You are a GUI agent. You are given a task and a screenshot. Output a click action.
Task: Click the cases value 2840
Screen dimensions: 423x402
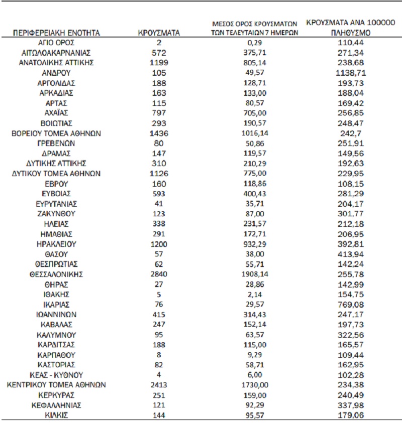pos(159,274)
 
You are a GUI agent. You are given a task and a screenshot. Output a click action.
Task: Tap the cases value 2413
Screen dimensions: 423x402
pos(159,385)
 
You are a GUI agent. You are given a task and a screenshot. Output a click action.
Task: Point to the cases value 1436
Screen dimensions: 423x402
pos(159,133)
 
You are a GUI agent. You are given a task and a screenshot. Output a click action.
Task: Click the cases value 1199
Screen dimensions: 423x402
pos(159,63)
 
